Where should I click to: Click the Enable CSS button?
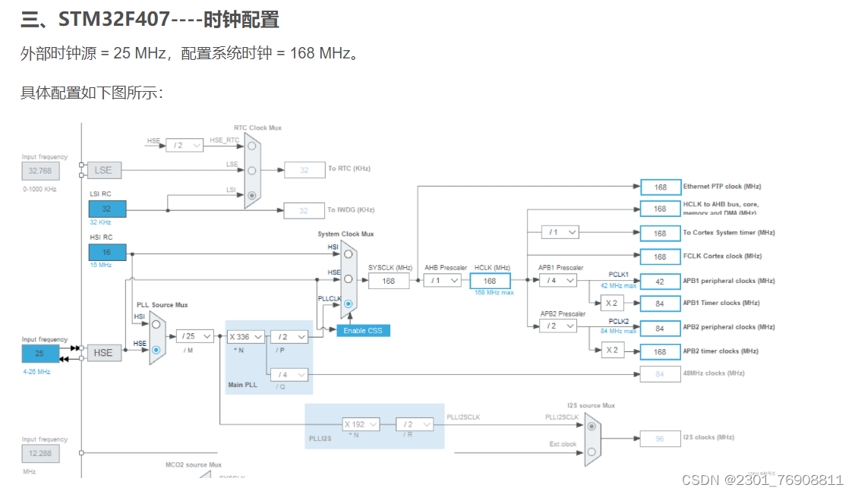pyautogui.click(x=364, y=331)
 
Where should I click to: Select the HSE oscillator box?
pyautogui.click(x=103, y=352)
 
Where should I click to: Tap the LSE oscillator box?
pyautogui.click(x=103, y=170)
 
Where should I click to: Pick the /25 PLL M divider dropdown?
pyautogui.click(x=195, y=336)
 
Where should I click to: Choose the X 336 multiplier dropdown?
pyautogui.click(x=245, y=336)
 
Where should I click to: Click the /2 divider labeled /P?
pyautogui.click(x=289, y=336)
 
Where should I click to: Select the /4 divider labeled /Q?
pyautogui.click(x=289, y=374)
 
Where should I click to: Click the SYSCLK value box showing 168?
pyautogui.click(x=389, y=281)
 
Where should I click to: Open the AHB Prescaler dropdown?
pyautogui.click(x=443, y=281)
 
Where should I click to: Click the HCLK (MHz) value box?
pyautogui.click(x=490, y=281)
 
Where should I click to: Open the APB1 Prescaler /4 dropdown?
pyautogui.click(x=558, y=281)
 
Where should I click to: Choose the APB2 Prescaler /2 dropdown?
pyautogui.click(x=558, y=326)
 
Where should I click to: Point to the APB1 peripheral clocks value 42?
pyautogui.click(x=660, y=282)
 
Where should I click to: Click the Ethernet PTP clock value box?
pyautogui.click(x=660, y=187)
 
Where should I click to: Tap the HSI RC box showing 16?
pyautogui.click(x=107, y=253)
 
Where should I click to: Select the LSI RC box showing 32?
pyautogui.click(x=107, y=209)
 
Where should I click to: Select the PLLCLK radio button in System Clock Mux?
pyautogui.click(x=348, y=304)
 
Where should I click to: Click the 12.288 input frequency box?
pyautogui.click(x=40, y=454)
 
